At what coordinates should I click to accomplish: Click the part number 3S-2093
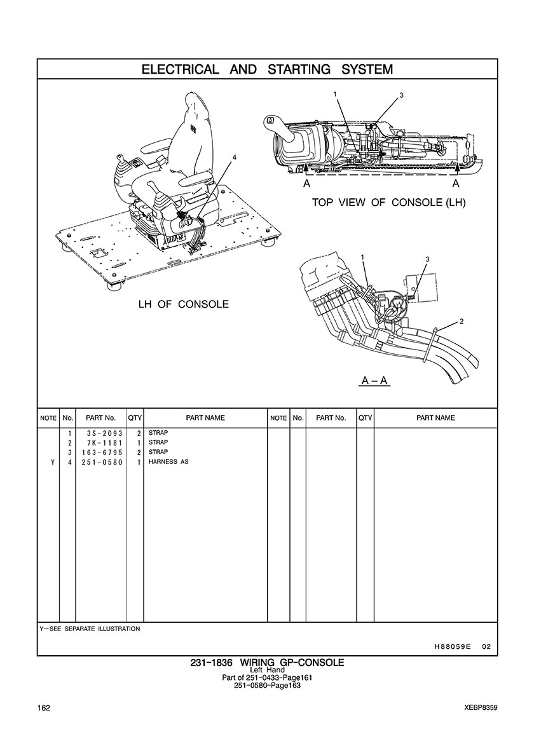102,433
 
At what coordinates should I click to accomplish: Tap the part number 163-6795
102,452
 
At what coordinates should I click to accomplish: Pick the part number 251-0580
102,462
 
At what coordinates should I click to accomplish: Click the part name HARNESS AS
168,462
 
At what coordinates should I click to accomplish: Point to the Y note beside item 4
52,462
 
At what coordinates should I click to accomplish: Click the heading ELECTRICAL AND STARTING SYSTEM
267,69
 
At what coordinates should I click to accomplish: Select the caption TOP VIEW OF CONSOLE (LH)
388,202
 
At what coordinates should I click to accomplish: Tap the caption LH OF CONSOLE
184,304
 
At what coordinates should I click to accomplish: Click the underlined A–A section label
375,381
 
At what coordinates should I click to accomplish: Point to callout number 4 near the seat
235,158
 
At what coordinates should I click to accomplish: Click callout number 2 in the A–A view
462,321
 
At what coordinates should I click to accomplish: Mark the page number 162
44,708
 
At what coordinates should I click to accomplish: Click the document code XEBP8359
481,708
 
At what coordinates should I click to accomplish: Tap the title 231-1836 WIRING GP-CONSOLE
267,663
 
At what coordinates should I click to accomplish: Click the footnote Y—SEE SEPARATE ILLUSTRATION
90,629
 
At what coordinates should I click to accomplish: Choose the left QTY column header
135,418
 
